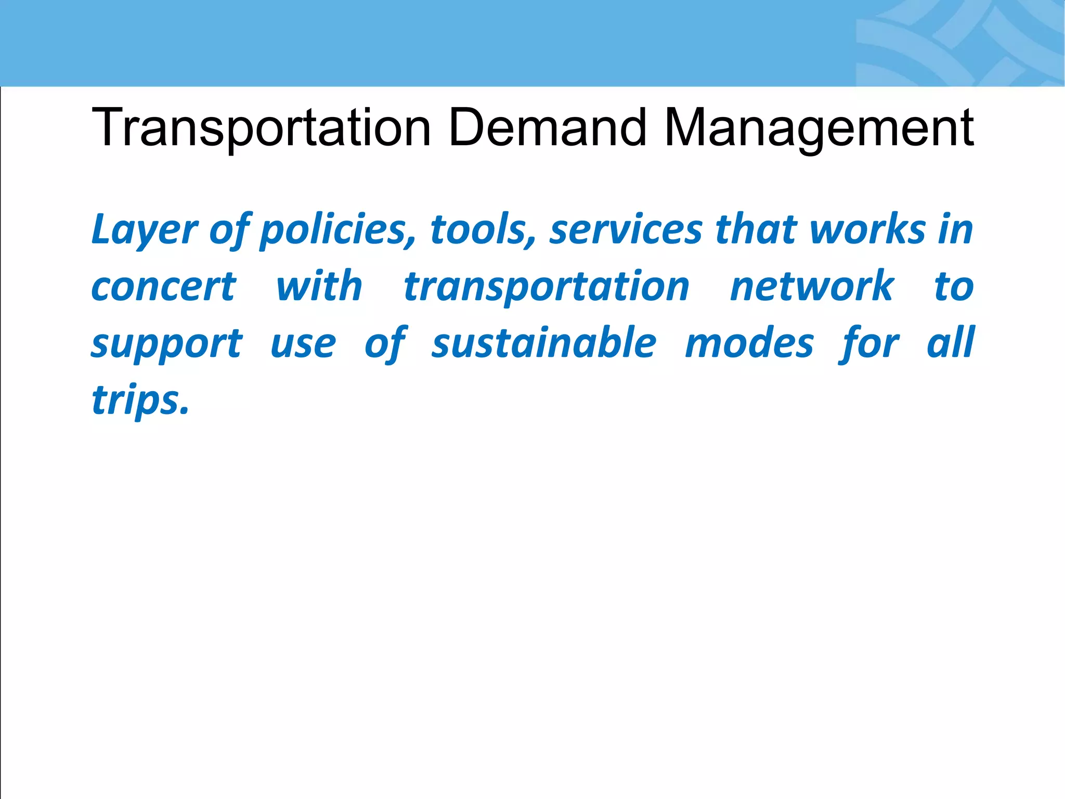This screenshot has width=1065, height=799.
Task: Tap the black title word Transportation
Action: coord(261,128)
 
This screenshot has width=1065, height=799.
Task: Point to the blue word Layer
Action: coord(144,230)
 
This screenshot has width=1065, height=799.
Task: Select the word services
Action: coord(626,230)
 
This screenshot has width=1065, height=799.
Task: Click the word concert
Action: coord(164,287)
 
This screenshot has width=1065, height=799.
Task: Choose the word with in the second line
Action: coord(319,287)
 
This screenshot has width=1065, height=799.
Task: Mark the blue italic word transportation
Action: coord(547,288)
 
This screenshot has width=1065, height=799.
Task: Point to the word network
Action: coord(812,287)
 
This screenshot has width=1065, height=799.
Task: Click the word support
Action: coord(166,344)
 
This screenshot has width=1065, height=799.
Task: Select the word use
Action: coord(303,344)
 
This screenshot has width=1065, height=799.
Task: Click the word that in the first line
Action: coord(756,230)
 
